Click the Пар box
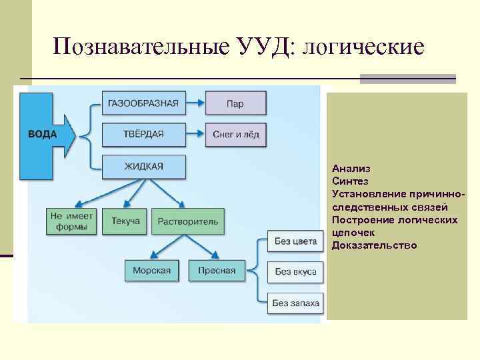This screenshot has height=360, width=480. point(235,103)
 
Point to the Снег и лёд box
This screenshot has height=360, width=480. point(235,135)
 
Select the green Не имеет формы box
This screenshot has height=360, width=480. point(71,221)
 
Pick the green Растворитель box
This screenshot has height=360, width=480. point(188,221)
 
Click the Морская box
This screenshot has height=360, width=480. point(152,271)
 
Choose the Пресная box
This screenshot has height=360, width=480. point(217,271)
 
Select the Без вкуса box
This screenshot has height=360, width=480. point(295,272)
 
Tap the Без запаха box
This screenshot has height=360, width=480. point(295,303)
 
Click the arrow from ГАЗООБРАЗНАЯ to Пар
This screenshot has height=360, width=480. point(195,103)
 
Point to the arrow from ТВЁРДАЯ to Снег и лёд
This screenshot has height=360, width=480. point(195,135)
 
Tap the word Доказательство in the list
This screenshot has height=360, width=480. point(374,245)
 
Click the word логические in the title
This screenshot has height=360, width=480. point(363,47)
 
